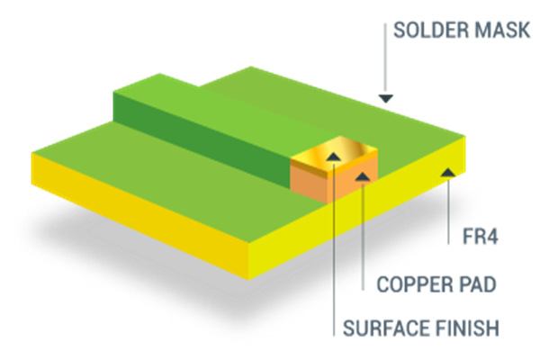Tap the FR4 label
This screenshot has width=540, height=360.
click(467, 238)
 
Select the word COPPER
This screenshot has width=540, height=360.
click(407, 285)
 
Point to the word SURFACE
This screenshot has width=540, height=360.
click(386, 328)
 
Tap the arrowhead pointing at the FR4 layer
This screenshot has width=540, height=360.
click(446, 168)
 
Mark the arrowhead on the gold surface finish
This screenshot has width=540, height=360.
click(334, 158)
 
